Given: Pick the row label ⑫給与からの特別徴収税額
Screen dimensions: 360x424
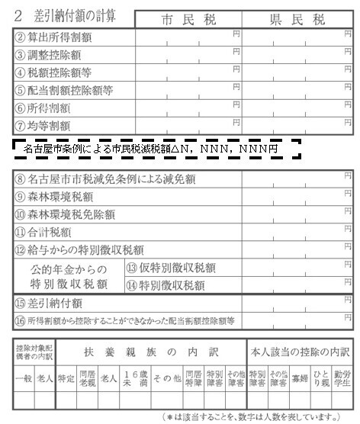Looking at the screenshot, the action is [x=79, y=249].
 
